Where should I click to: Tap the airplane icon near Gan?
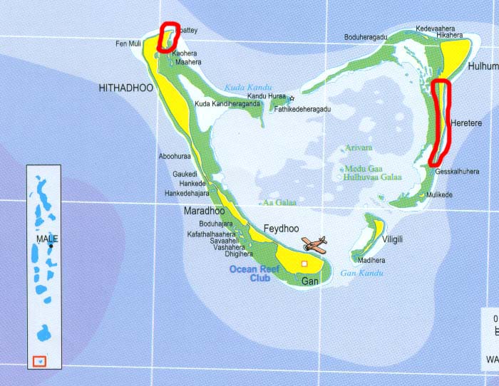click(314, 244)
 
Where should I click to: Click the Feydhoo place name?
click(279, 228)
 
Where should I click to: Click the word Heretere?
click(466, 123)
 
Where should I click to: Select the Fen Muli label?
click(128, 44)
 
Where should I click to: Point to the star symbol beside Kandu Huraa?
click(292, 97)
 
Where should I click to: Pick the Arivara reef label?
click(359, 148)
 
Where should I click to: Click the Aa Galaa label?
click(279, 203)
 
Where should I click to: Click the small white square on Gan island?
click(304, 264)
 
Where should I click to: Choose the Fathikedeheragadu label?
click(303, 109)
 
